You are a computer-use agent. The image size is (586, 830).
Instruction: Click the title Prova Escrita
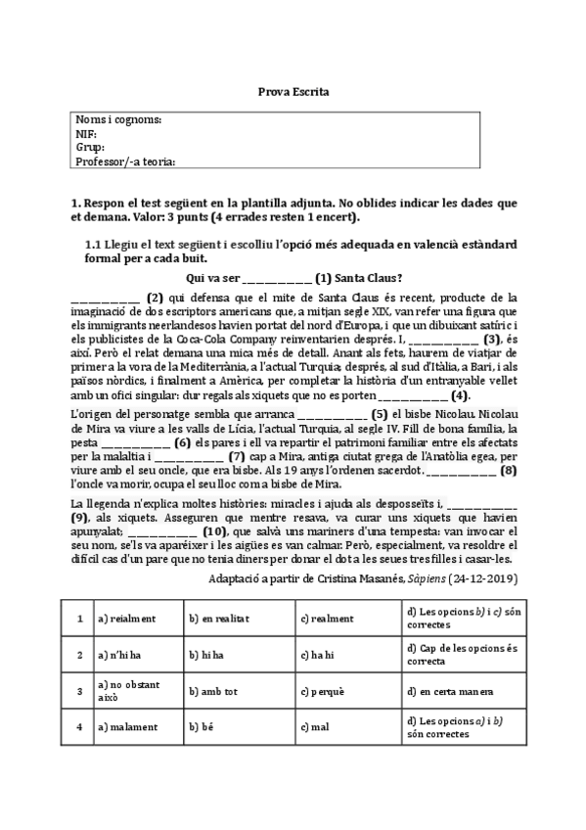pos(293,91)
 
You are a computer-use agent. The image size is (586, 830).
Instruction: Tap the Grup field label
pos(89,147)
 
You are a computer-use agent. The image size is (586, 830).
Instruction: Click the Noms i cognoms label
pos(118,119)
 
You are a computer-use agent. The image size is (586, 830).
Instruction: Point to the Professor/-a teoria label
pos(131,161)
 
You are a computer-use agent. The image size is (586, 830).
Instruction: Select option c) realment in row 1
pos(327,619)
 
